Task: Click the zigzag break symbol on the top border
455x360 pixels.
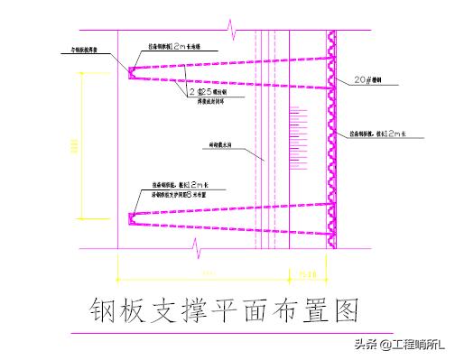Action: pyautogui.click(x=236, y=33)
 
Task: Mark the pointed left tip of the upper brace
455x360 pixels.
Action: pyautogui.click(x=129, y=69)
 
